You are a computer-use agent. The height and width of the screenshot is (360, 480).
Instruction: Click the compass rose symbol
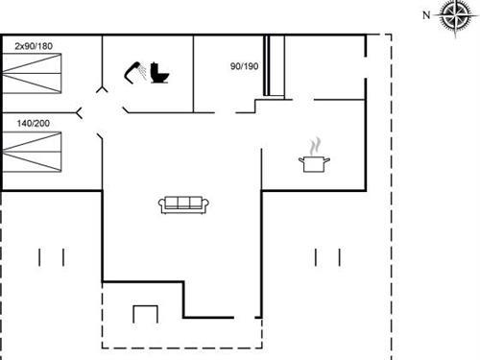coord(450,16)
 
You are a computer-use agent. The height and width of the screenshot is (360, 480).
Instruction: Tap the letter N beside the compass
coord(426,14)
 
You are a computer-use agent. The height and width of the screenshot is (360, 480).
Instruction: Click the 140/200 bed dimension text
coord(33,123)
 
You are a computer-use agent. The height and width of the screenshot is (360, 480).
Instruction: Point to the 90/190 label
coord(244,66)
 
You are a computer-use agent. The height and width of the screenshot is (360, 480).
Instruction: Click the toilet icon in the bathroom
coord(158,72)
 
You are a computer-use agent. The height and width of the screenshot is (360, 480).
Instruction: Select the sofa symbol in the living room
coord(183,204)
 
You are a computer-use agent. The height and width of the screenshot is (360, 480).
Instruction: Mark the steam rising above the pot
coord(314,146)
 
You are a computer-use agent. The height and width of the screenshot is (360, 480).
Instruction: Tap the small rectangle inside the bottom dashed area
coord(144,316)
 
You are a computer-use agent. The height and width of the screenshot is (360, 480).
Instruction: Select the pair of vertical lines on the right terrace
coord(327,257)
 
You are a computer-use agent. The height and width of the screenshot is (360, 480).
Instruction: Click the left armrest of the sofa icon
coord(163,204)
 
